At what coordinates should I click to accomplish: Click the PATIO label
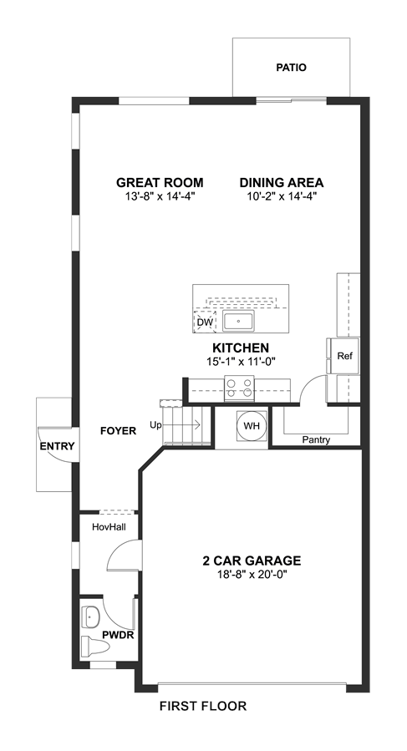pyautogui.click(x=291, y=68)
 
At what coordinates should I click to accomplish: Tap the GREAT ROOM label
pyautogui.click(x=160, y=182)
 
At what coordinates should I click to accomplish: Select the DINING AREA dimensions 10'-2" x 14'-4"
pyautogui.click(x=282, y=195)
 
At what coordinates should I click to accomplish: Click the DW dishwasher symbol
pyautogui.click(x=205, y=322)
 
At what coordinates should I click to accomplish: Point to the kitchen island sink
pyautogui.click(x=238, y=321)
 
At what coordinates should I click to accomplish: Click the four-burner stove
pyautogui.click(x=239, y=388)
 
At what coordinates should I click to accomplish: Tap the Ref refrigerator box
pyautogui.click(x=344, y=356)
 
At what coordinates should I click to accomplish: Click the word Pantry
pyautogui.click(x=316, y=439)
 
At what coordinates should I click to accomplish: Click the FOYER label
pyautogui.click(x=118, y=430)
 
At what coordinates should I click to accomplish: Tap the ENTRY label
pyautogui.click(x=57, y=446)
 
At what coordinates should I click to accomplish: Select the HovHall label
pyautogui.click(x=109, y=527)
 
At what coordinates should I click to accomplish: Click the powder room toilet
pyautogui.click(x=96, y=645)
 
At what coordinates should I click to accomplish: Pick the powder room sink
pyautogui.click(x=90, y=617)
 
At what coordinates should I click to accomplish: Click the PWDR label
pyautogui.click(x=118, y=636)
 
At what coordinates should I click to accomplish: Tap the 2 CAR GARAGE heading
pyautogui.click(x=252, y=561)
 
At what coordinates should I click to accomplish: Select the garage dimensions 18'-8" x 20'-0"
pyautogui.click(x=252, y=574)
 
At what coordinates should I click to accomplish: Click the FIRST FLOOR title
pyautogui.click(x=203, y=706)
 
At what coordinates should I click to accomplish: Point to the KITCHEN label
pyautogui.click(x=241, y=348)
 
